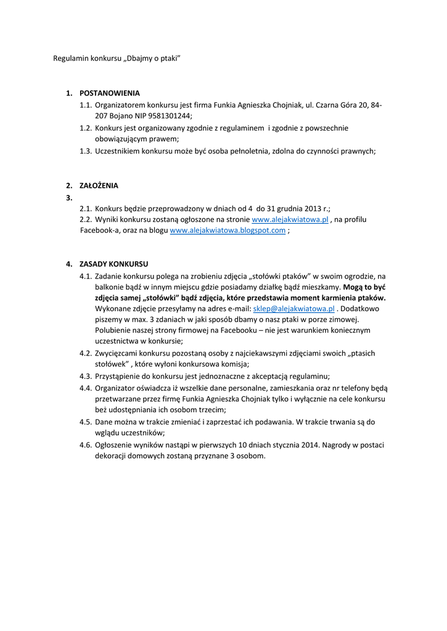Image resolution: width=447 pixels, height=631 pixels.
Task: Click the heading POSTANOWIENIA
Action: click(110, 93)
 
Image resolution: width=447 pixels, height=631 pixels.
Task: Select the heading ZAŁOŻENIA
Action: click(99, 185)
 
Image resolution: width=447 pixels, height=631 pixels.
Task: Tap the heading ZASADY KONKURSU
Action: click(113, 264)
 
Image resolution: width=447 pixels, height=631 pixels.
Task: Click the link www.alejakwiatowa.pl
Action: click(290, 219)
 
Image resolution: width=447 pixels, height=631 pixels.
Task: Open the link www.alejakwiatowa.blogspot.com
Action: click(228, 230)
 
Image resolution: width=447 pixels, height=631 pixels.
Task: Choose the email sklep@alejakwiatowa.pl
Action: click(293, 309)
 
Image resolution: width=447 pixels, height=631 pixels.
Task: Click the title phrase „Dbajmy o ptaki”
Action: click(152, 58)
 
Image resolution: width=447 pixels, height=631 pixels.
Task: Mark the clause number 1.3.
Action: click(85, 151)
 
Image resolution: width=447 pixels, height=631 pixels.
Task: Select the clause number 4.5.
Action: click(85, 422)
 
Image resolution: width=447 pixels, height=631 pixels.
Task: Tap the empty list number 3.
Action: click(69, 197)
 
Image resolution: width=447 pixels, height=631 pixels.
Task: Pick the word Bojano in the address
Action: click(123, 115)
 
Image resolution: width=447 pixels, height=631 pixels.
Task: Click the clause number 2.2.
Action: click(85, 219)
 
